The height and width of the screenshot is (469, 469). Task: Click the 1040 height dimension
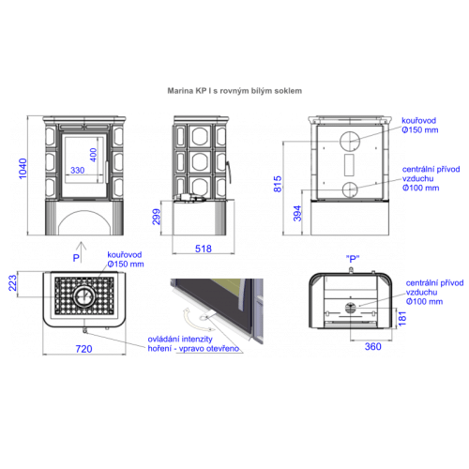(x=23, y=169)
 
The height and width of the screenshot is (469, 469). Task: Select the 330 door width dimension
(x=78, y=171)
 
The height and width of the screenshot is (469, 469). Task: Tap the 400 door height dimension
(x=94, y=155)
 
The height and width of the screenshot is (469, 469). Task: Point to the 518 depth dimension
(x=204, y=249)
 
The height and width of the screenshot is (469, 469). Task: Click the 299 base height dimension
(x=157, y=217)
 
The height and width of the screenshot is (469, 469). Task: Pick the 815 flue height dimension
(x=278, y=184)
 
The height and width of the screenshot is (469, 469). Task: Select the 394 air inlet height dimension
(x=297, y=214)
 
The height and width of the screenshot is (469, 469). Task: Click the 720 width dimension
(x=83, y=349)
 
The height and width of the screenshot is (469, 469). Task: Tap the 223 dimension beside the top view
(x=12, y=283)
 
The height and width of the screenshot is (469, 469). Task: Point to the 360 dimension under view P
(x=372, y=346)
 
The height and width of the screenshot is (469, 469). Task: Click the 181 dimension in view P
(x=402, y=318)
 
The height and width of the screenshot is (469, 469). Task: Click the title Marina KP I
(x=189, y=91)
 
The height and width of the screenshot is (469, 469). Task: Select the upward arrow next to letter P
(x=82, y=252)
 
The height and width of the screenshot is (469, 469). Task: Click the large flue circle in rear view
(x=350, y=131)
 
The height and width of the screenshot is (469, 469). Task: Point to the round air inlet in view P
(x=350, y=308)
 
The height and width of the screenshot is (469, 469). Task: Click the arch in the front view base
(x=84, y=211)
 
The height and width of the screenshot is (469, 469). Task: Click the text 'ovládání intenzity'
(x=180, y=340)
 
